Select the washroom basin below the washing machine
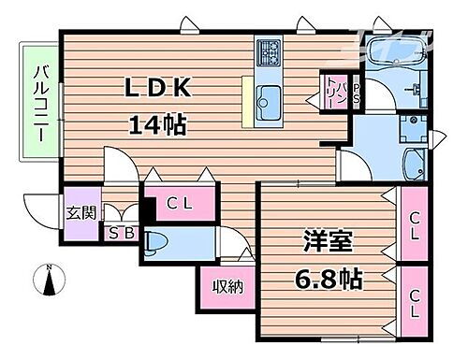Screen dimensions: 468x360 click(x=413, y=166)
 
